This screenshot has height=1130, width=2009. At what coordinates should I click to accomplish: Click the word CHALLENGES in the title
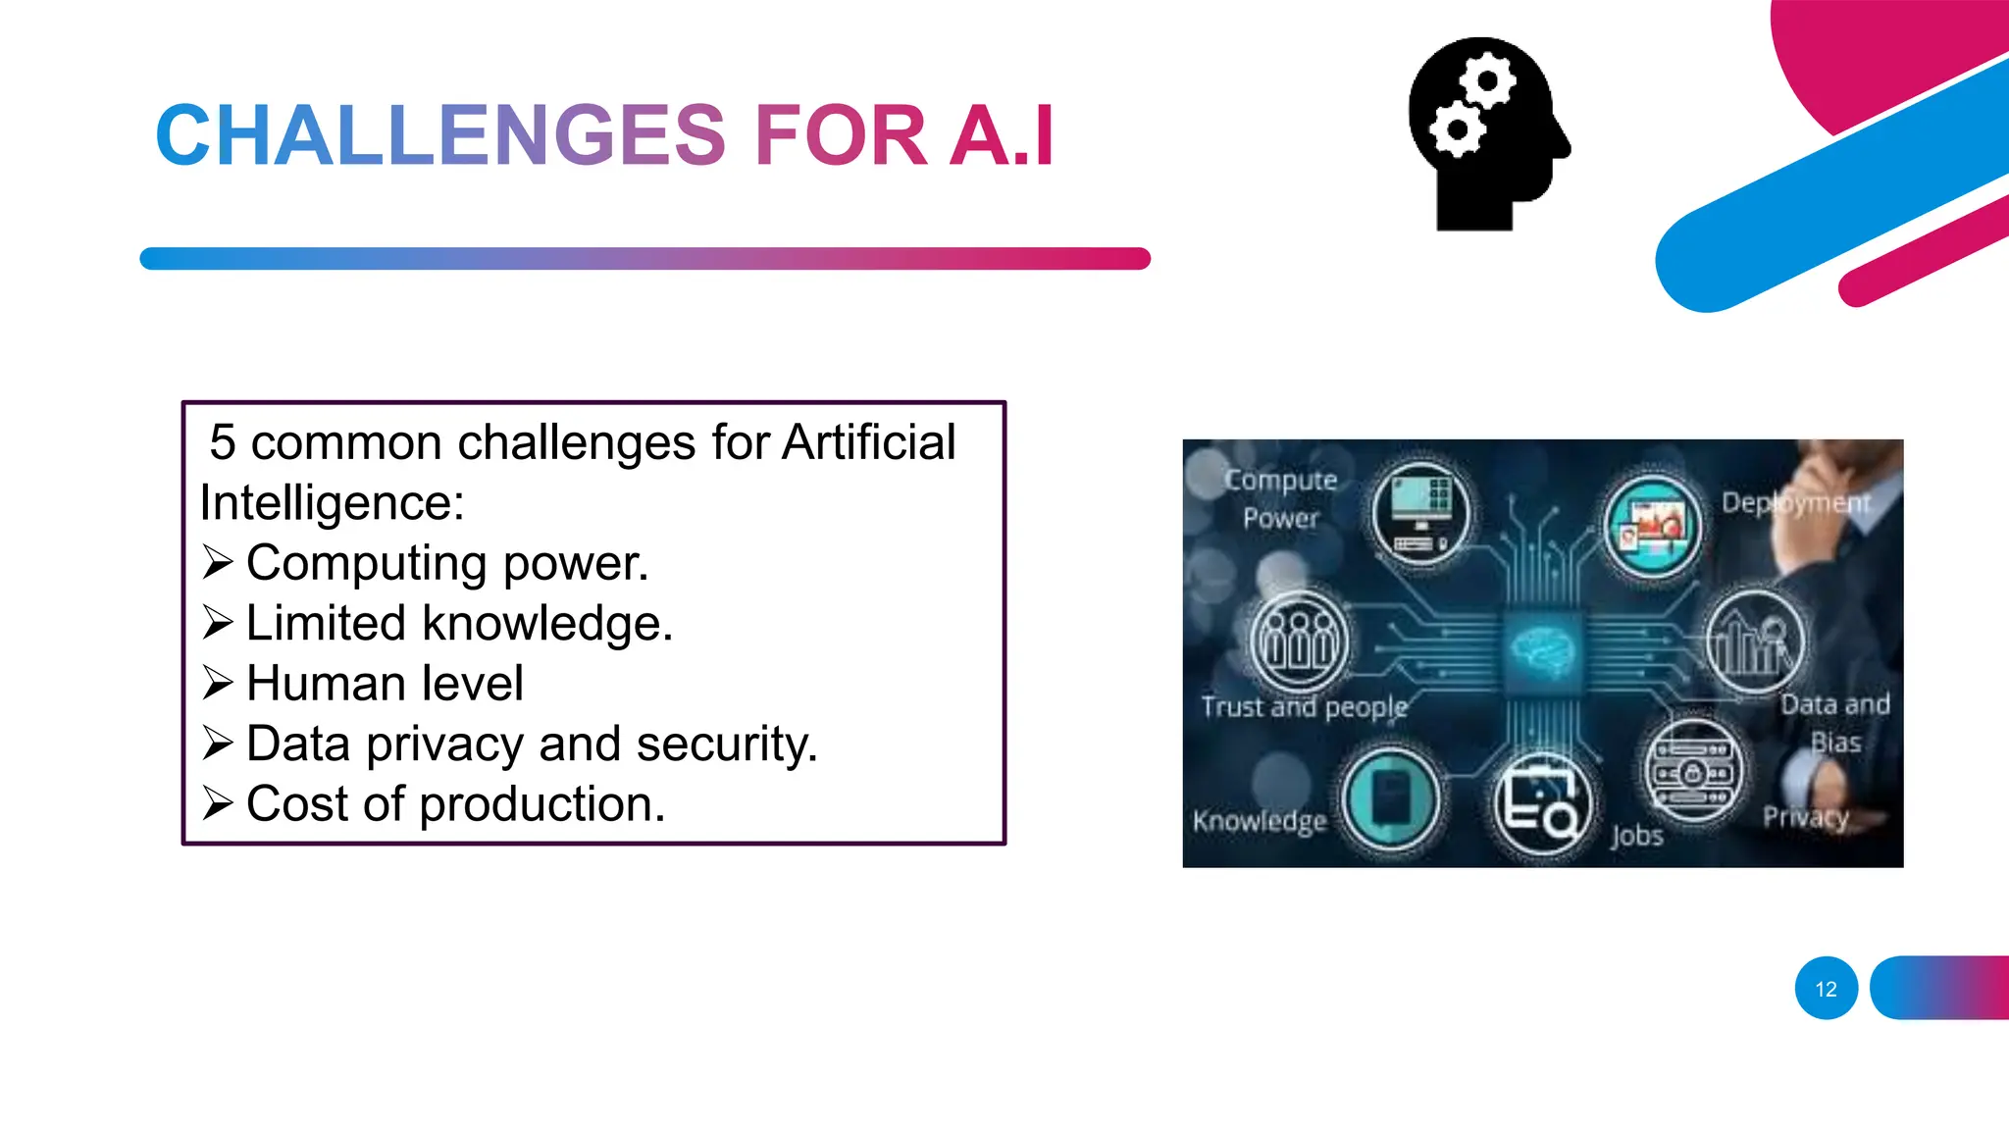tap(440, 135)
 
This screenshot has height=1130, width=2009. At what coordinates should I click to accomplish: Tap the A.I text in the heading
tap(1002, 135)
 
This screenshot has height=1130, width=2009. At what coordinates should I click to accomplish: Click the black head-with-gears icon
tap(1487, 133)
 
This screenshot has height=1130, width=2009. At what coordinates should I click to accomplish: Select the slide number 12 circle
tap(1826, 988)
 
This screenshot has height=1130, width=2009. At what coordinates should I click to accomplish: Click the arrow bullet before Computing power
tap(218, 563)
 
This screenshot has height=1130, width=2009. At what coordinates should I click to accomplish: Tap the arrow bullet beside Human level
tap(218, 683)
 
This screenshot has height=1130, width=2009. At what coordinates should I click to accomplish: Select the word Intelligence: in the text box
tap(332, 503)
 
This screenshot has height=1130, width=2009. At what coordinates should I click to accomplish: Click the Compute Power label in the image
tap(1280, 498)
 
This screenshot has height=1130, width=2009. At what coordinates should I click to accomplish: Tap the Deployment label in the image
tap(1796, 503)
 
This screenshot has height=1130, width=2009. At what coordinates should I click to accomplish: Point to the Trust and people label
tap(1304, 706)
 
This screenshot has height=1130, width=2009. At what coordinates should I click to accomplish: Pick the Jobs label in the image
tap(1636, 836)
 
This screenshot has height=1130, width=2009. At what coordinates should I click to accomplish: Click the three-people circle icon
tap(1299, 641)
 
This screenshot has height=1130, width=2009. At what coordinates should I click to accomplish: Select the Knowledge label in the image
tap(1260, 820)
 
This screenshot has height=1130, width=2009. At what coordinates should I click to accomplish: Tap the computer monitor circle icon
tap(1419, 512)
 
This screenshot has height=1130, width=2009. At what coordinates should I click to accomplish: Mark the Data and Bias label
tap(1835, 722)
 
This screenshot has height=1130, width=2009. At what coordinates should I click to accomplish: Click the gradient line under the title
tap(644, 259)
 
